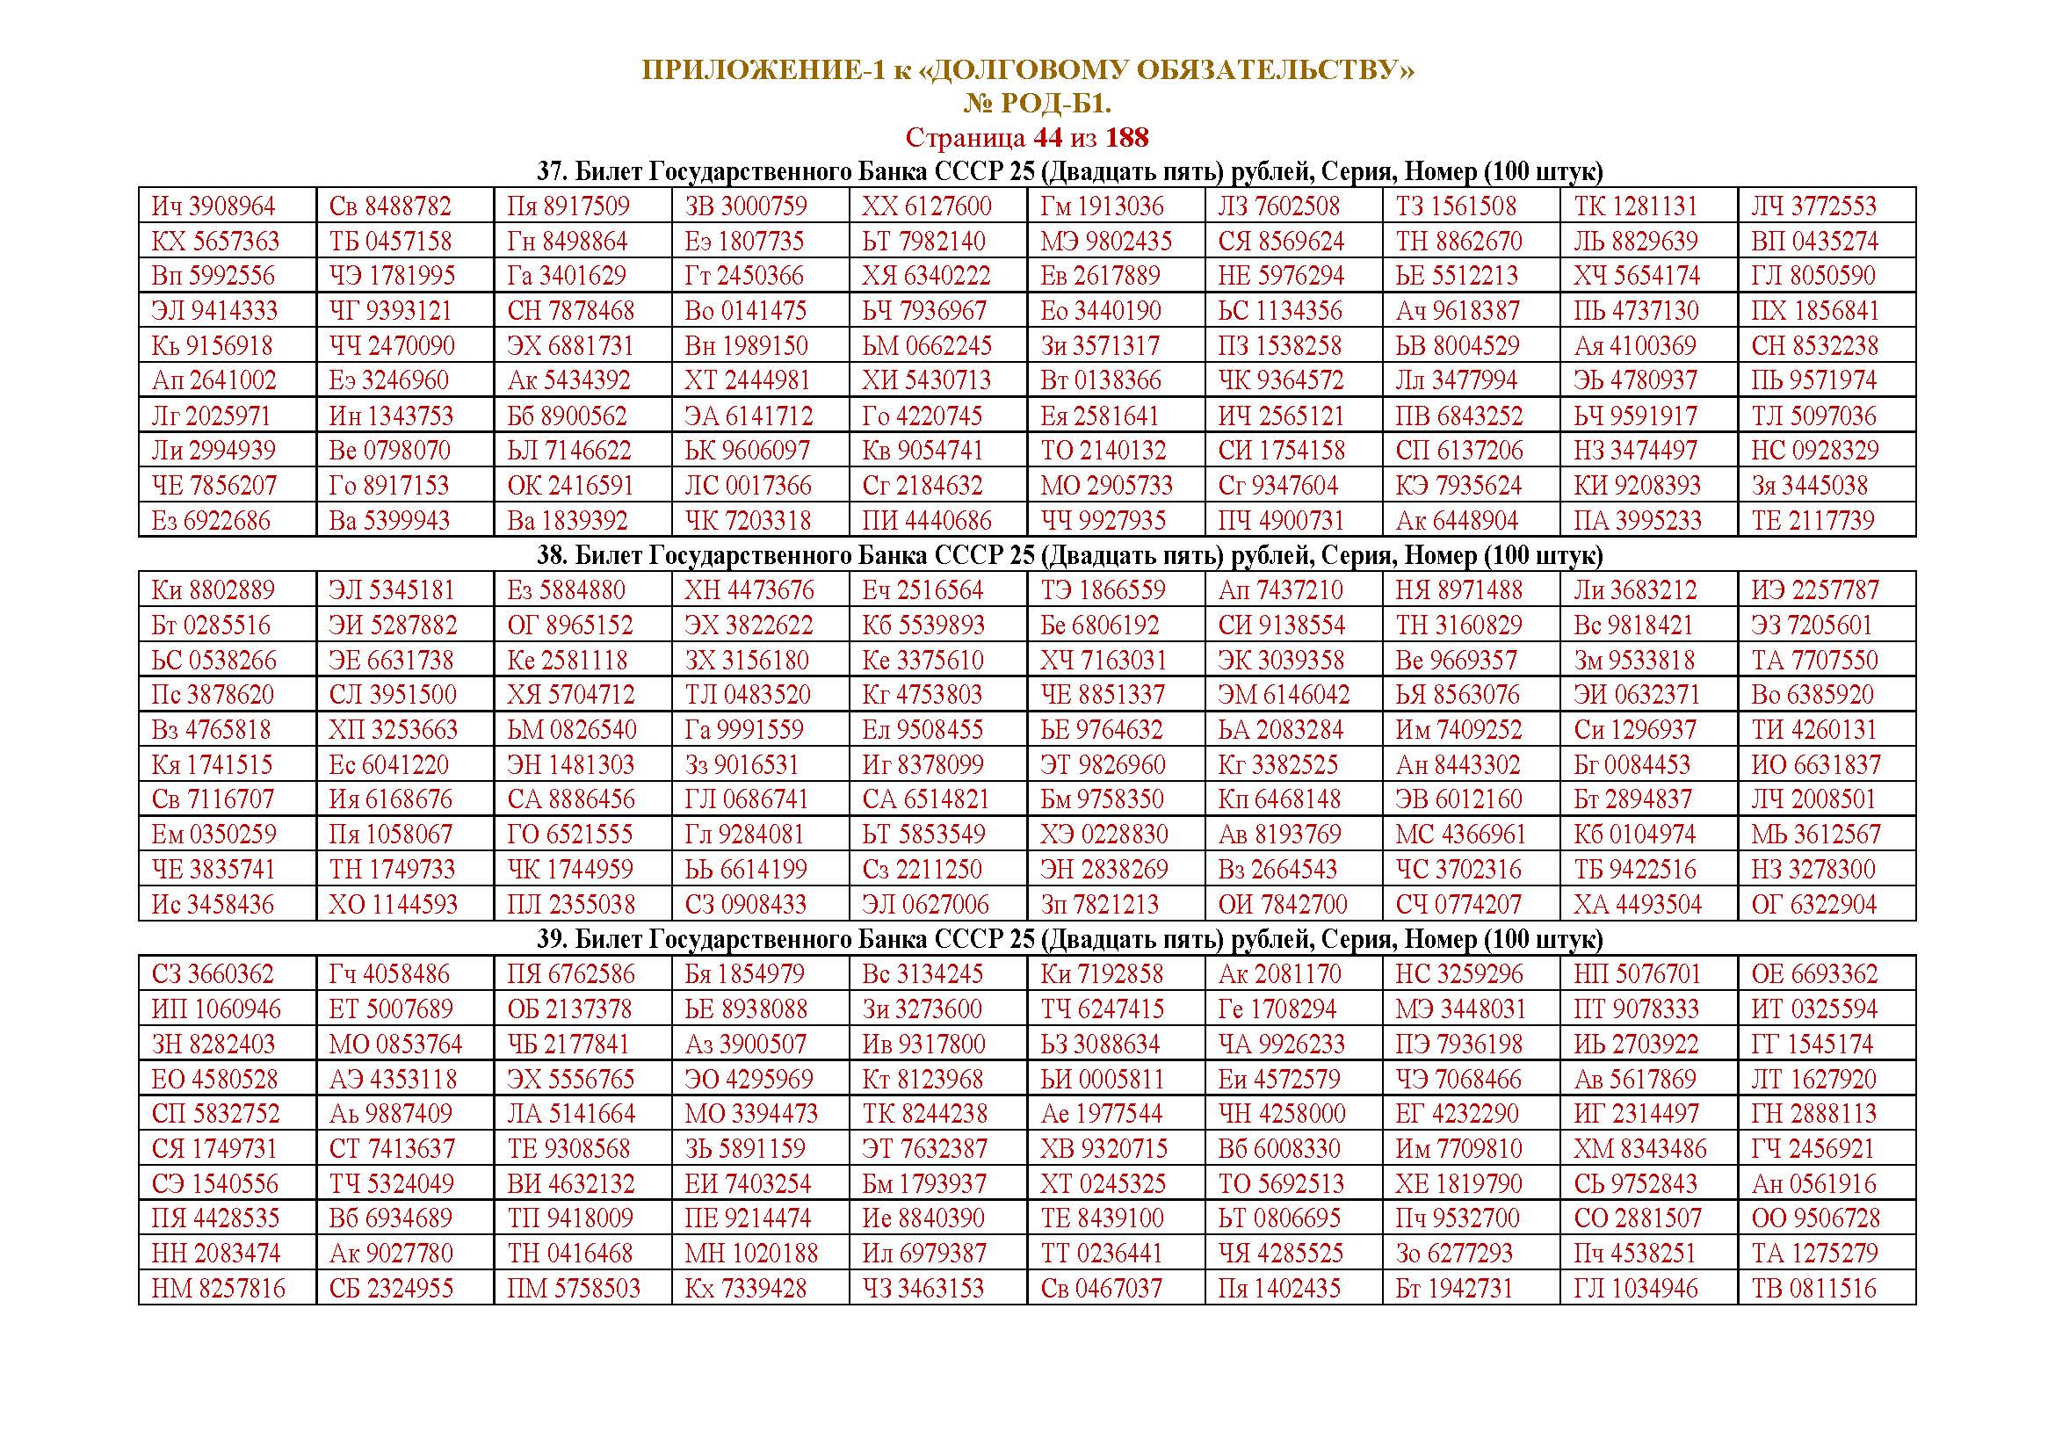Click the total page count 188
[x=1127, y=138]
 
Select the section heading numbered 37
[x=1026, y=171]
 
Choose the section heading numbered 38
[x=1026, y=555]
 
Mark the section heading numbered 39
[x=1026, y=939]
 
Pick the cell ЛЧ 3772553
[x=1813, y=206]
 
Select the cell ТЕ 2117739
[x=1813, y=521]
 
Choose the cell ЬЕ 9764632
[x=1102, y=730]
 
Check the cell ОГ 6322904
[x=1813, y=905]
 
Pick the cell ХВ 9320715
[x=1103, y=1149]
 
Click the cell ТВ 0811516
[x=1813, y=1290]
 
